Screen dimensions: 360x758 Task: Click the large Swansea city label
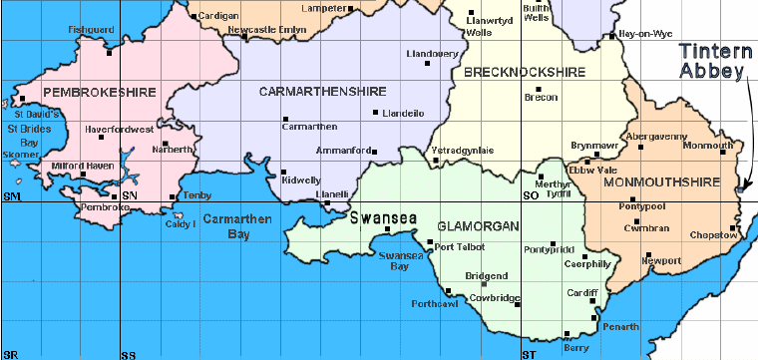coord(379,214)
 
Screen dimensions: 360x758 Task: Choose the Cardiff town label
coord(581,293)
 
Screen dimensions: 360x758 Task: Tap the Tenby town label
coord(197,196)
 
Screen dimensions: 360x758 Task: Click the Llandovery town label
coord(431,53)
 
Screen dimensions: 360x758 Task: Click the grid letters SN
coord(130,195)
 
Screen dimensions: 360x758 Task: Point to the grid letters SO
coord(531,195)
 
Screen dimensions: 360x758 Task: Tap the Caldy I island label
coord(180,223)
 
